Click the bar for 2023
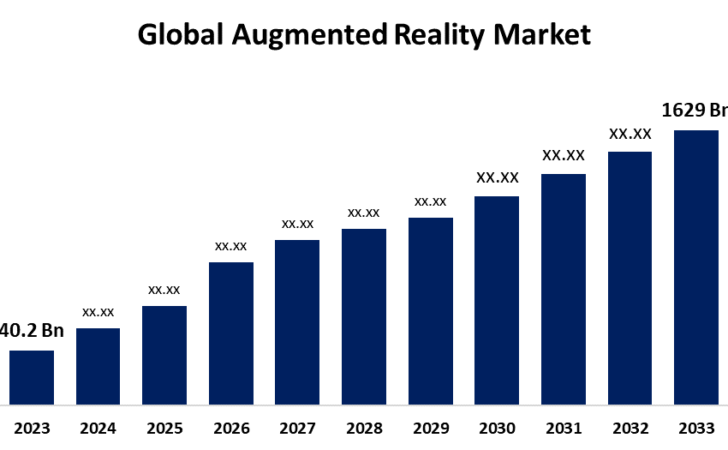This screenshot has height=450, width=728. click(32, 377)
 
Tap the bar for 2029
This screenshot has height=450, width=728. click(430, 310)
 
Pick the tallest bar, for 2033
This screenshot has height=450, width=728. click(695, 267)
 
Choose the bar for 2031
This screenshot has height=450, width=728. click(563, 289)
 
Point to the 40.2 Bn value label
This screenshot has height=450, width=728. click(32, 331)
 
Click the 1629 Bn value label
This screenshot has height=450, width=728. click(695, 110)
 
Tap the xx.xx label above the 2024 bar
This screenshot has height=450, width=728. click(98, 312)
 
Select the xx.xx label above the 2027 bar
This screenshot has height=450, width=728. click(297, 224)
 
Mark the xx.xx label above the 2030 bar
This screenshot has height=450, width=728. click(497, 178)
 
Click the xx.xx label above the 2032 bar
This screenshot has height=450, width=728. click(630, 134)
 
